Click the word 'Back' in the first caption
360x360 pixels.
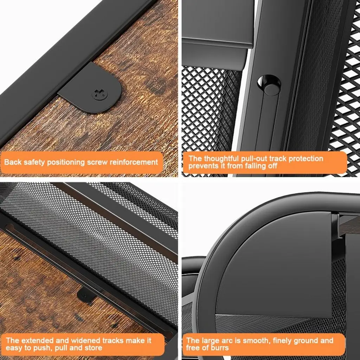point(13,162)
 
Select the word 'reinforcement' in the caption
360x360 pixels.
point(134,162)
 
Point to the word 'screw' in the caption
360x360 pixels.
point(97,162)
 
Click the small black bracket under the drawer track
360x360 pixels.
point(86,295)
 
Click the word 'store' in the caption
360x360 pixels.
point(94,348)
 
